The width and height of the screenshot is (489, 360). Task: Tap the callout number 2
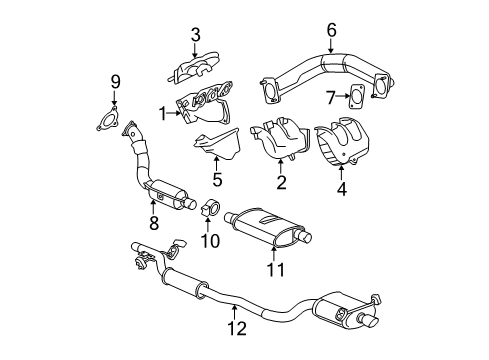click(281, 182)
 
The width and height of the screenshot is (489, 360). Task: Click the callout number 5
click(215, 182)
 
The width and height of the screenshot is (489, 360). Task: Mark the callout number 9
click(114, 81)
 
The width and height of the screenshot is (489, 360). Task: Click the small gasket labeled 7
click(356, 99)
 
